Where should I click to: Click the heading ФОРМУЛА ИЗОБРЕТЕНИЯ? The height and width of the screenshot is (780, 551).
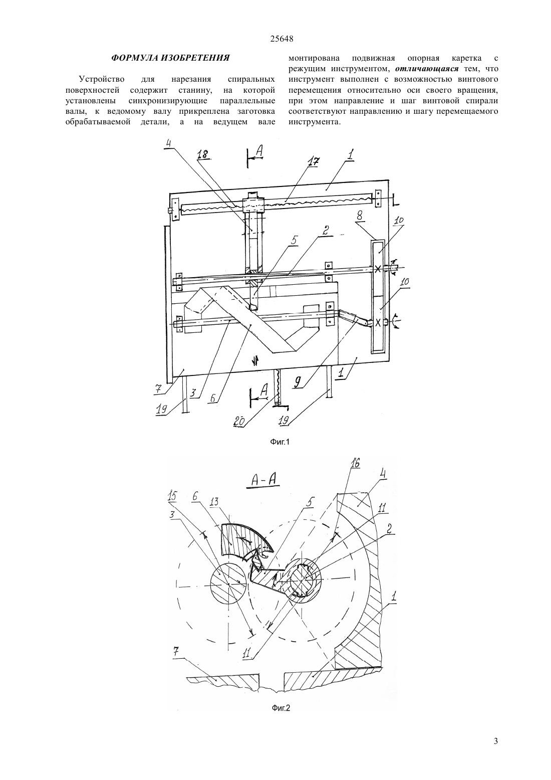[170, 58]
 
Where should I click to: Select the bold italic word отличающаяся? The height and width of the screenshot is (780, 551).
[427, 69]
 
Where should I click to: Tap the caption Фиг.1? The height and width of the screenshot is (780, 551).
[280, 442]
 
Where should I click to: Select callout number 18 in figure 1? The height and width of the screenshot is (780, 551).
[203, 154]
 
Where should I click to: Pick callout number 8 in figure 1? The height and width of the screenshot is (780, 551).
[359, 216]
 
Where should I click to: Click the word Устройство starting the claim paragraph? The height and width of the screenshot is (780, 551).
[101, 80]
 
